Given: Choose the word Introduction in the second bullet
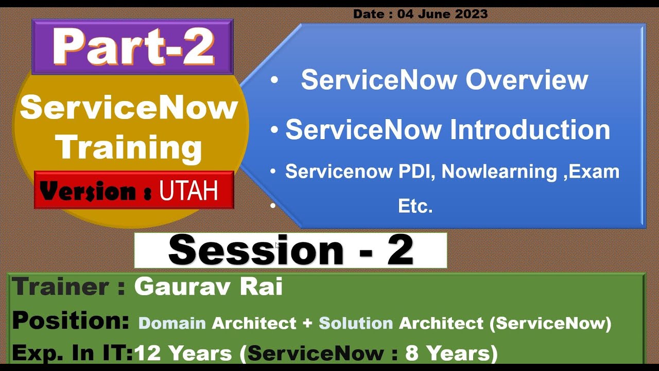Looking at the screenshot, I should pyautogui.click(x=530, y=129).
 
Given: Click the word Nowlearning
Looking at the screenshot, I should pyautogui.click(x=499, y=172).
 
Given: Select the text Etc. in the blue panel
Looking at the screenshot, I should pyautogui.click(x=415, y=206).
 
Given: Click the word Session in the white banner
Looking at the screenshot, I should pyautogui.click(x=256, y=250).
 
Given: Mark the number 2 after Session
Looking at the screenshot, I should pyautogui.click(x=401, y=250).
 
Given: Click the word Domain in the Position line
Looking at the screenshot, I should pyautogui.click(x=172, y=323).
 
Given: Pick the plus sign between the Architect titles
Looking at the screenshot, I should pyautogui.click(x=307, y=324).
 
